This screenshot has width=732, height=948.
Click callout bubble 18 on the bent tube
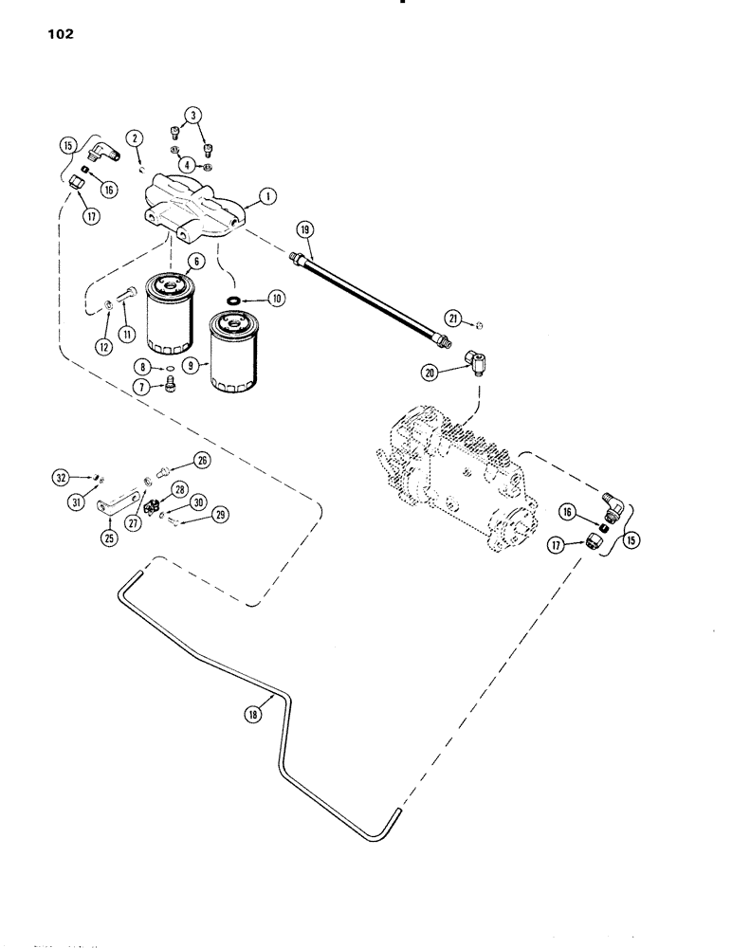coord(252,716)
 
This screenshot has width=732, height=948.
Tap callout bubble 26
coord(202,460)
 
